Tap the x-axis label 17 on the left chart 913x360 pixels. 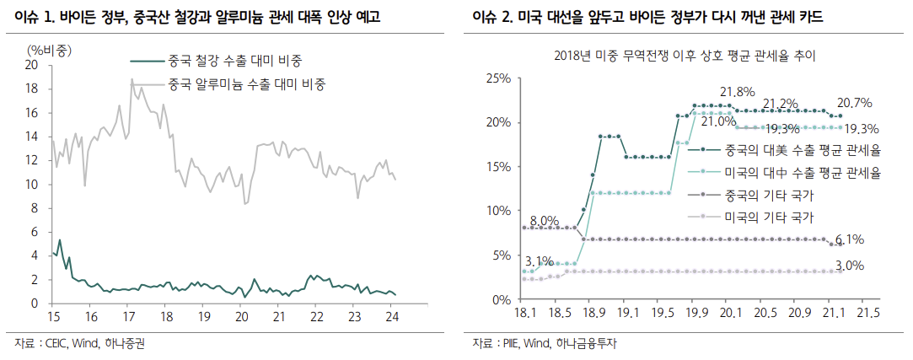[x=129, y=316]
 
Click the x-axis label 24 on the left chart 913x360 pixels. [x=392, y=316]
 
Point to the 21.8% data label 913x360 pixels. [x=737, y=91]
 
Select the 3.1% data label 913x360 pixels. [x=540, y=261]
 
